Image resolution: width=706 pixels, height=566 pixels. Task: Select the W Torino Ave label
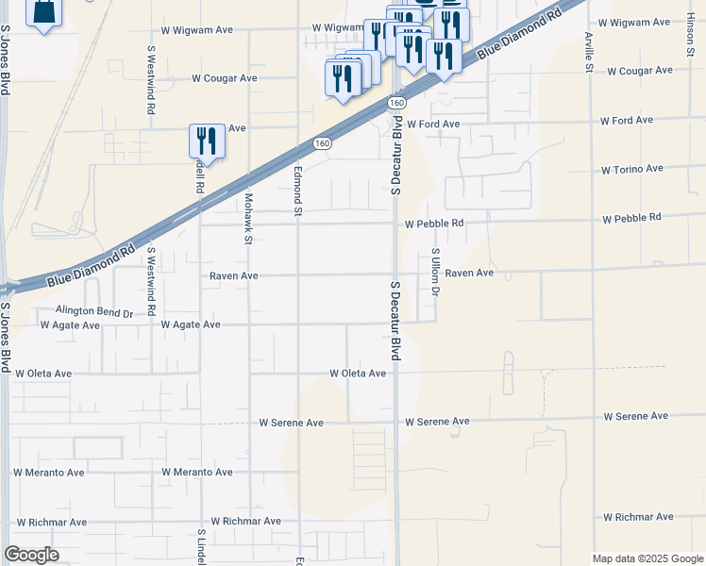click(x=632, y=170)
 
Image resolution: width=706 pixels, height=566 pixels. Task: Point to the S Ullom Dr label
click(x=435, y=272)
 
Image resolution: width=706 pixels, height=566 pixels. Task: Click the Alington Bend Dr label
click(x=94, y=310)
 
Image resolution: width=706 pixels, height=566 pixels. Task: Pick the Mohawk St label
click(x=249, y=219)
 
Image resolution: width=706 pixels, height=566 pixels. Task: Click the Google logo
click(x=32, y=555)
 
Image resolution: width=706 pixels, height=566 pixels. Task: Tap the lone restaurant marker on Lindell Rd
click(x=207, y=141)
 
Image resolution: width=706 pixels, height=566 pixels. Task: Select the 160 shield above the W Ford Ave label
click(x=396, y=102)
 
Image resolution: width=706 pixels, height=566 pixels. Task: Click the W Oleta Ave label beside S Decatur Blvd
click(x=358, y=374)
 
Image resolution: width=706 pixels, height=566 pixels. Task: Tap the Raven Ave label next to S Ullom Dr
click(x=469, y=273)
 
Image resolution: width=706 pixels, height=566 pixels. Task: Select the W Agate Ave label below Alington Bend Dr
click(x=70, y=325)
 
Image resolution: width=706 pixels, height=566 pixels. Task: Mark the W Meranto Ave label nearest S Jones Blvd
click(x=49, y=473)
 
